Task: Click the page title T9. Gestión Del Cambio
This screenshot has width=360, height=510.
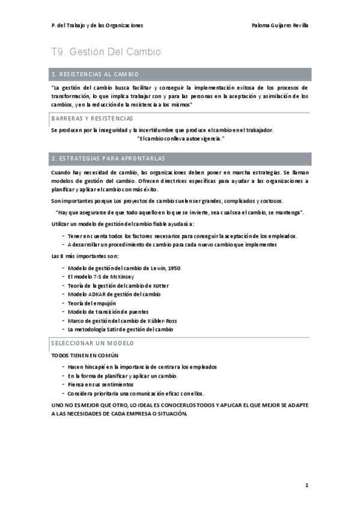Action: (106, 52)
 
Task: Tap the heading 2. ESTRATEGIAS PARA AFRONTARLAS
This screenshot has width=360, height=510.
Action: (108, 158)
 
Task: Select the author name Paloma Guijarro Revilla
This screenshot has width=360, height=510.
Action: (279, 25)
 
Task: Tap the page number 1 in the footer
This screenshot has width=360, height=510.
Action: (306, 485)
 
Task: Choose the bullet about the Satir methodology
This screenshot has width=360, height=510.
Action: (120, 330)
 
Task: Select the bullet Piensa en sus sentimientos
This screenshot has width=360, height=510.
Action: (100, 384)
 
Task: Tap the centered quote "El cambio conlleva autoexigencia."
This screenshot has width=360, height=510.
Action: (180, 138)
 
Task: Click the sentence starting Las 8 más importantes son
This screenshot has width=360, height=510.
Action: (81, 256)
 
